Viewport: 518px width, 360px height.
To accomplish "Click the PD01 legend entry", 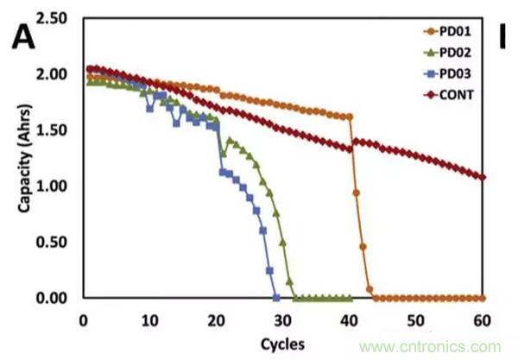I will tap(445, 31).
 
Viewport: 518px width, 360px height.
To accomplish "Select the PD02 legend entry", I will tap(445, 52).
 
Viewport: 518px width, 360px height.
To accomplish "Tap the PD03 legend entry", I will tap(445, 73).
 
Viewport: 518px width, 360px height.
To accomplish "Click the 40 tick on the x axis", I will tap(349, 320).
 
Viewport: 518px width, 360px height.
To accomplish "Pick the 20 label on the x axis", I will tap(216, 320).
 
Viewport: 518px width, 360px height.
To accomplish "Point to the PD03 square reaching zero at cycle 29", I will tap(276, 298).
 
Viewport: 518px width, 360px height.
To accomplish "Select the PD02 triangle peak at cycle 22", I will tap(230, 140).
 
